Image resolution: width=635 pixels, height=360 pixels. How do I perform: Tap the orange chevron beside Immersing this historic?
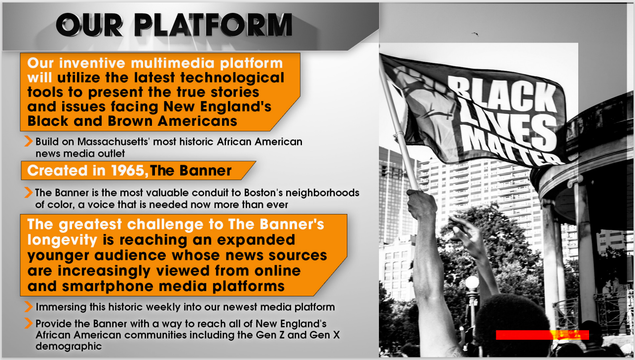(x=28, y=307)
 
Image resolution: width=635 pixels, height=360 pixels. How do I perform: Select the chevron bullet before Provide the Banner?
(x=28, y=324)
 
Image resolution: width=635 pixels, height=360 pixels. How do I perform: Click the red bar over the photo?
(x=542, y=335)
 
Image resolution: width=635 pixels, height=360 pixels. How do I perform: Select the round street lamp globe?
(x=472, y=283)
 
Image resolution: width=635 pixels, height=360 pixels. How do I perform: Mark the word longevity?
(x=62, y=240)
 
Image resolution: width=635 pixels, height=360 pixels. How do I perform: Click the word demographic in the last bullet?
(x=69, y=346)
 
